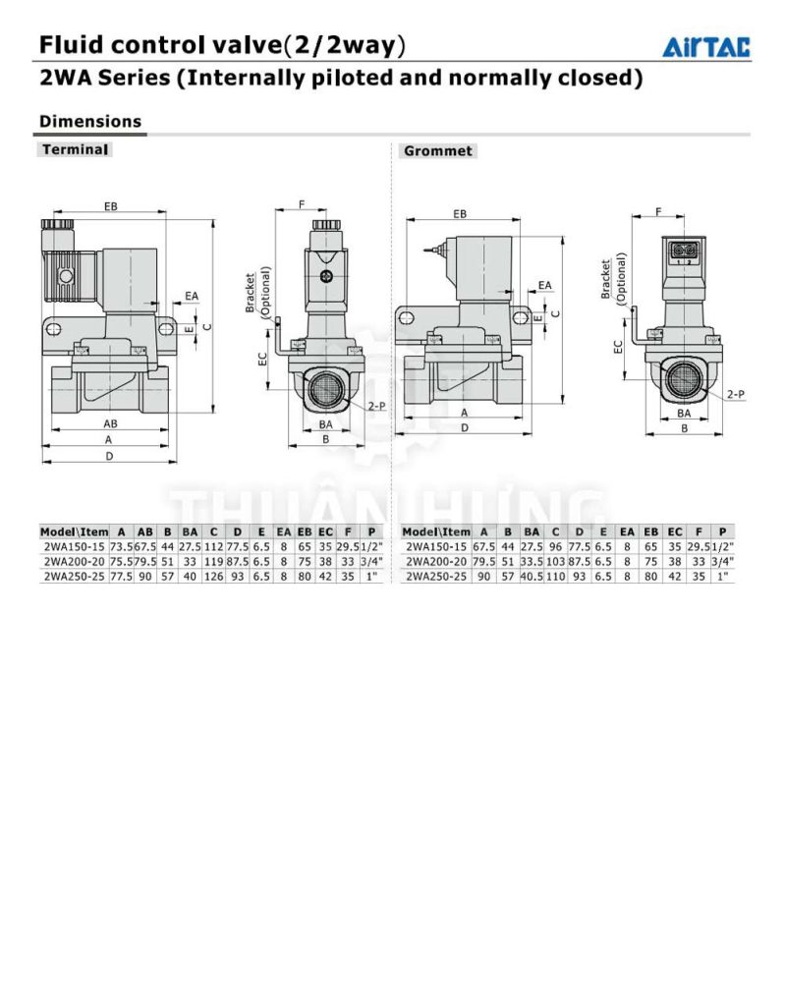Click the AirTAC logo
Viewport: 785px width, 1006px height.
[706, 47]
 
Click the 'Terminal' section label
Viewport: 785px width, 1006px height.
[75, 149]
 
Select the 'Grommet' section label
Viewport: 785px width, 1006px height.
[438, 150]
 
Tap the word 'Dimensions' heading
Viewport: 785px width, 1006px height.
[90, 121]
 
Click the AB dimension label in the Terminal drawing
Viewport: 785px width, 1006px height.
[110, 423]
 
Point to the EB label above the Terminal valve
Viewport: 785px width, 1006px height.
[110, 206]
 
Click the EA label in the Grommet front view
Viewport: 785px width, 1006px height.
[544, 285]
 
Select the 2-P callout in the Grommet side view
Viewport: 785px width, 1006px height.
[736, 394]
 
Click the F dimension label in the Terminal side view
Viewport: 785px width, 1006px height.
[302, 204]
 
